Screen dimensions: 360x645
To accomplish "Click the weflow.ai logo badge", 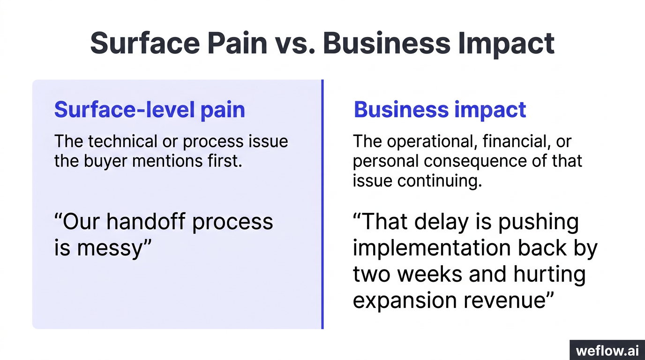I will (607, 350).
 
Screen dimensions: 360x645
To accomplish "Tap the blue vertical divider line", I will (322, 204).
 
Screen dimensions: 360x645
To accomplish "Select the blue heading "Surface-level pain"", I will (150, 109).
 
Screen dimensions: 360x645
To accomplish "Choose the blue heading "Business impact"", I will (440, 109).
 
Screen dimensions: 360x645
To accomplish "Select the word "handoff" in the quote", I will (149, 221).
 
